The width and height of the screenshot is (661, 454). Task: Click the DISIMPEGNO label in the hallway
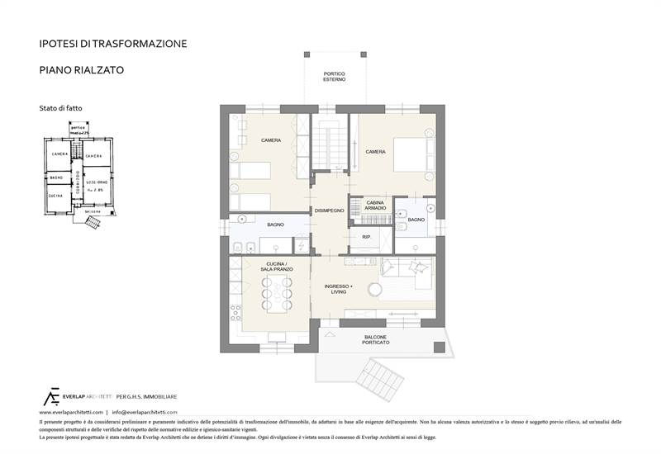point(329,211)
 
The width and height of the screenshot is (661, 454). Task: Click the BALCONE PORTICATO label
point(376,339)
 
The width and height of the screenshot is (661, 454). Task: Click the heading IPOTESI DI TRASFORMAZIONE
point(113,43)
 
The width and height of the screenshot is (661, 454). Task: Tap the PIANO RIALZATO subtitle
point(82,70)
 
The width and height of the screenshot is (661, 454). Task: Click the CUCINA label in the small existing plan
point(56,196)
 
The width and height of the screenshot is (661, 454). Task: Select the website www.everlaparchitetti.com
point(71,411)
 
